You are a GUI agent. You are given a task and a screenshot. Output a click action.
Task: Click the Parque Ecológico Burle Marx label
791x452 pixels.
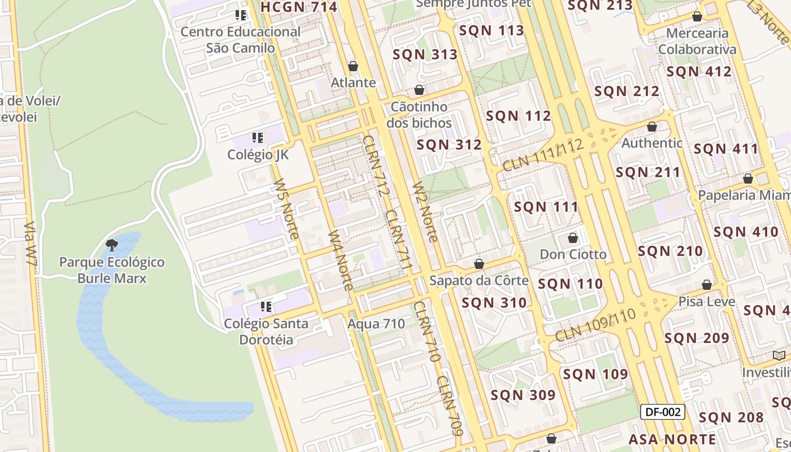pos(112,270)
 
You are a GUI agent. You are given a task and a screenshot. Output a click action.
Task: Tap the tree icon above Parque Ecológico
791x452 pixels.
pos(112,245)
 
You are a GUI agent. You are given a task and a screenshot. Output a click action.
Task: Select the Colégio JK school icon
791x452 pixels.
pos(258,137)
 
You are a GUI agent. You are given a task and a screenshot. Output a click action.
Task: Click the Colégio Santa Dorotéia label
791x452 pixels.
pos(266,332)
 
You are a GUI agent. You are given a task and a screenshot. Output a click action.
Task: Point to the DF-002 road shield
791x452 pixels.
pos(662,412)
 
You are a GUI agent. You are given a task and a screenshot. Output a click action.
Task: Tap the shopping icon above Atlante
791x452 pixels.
pos(353,67)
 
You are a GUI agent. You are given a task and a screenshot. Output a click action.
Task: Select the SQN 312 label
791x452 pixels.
pos(449,145)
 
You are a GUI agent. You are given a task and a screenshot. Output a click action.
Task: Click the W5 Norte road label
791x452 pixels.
pos(286,209)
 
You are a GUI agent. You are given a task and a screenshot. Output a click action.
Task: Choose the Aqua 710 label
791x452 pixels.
pos(376,324)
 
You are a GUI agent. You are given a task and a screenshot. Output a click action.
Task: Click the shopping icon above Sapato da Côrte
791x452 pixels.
pos(479,264)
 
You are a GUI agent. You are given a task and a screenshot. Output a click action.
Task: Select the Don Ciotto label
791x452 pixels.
pos(573,254)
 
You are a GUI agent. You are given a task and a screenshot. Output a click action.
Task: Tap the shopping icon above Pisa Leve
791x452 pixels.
pos(707,285)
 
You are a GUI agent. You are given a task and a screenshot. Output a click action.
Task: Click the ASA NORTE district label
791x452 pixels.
pos(672,439)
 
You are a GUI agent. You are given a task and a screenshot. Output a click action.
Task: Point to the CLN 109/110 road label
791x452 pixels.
pos(596,325)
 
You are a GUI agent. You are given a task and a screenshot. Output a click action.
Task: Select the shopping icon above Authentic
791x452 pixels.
pos(652,127)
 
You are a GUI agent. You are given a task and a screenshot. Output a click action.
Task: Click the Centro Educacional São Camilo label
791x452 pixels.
pos(241,40)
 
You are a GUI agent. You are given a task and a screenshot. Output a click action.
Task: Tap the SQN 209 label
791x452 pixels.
pos(697,338)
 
